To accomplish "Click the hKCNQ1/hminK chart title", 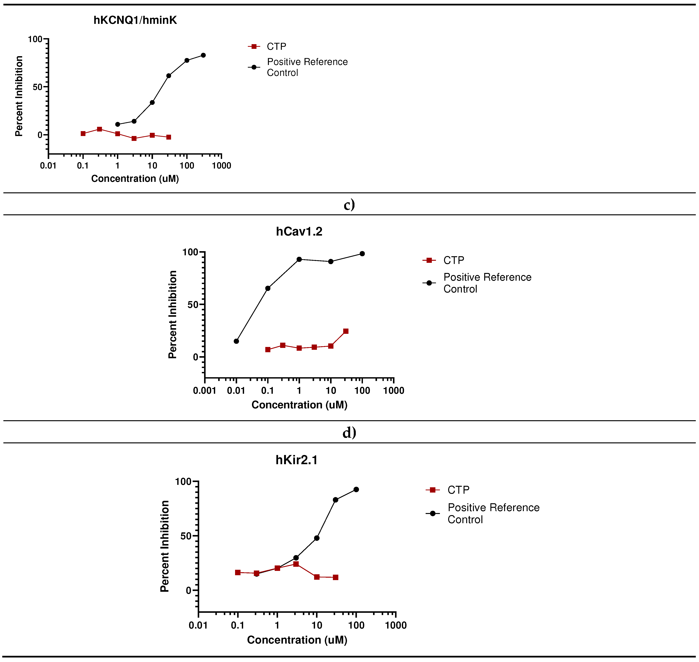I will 135,20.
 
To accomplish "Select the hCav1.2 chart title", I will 299,231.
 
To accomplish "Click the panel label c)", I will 349,205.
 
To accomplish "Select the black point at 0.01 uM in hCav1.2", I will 236,341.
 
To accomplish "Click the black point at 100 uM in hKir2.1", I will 356,489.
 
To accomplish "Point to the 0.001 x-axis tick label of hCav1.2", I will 204,391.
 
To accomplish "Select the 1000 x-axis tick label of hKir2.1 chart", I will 396,625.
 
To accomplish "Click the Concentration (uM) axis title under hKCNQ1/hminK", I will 135,179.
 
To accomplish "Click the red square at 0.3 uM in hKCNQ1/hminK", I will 100,129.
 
